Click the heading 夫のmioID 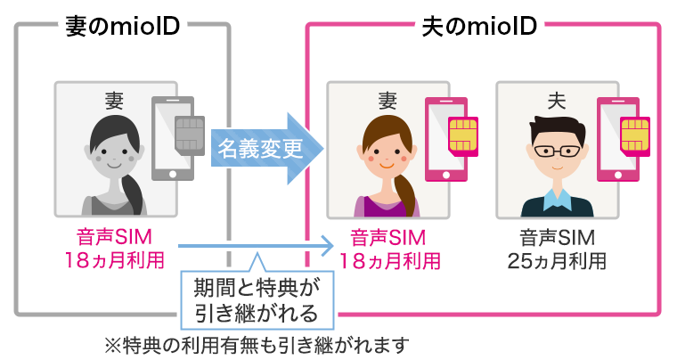(x=477, y=26)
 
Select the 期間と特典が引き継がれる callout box (x=255, y=299)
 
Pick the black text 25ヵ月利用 (x=558, y=261)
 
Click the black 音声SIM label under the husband (x=558, y=238)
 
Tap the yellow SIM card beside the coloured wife (x=462, y=134)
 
